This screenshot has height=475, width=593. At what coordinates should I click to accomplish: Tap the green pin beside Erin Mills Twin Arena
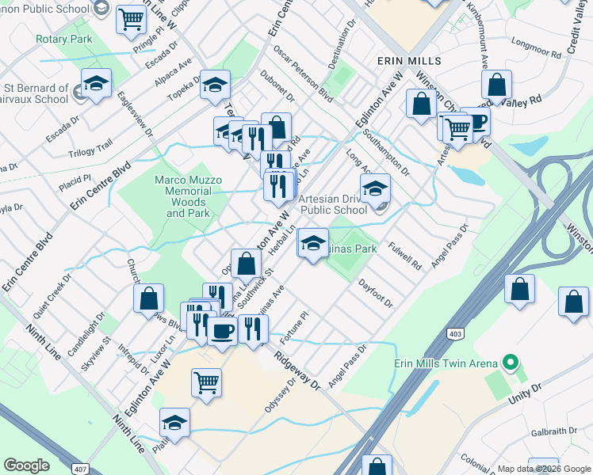tap(511, 364)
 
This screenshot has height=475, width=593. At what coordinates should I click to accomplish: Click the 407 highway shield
tap(79, 469)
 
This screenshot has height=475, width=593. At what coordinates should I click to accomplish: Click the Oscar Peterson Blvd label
tap(303, 73)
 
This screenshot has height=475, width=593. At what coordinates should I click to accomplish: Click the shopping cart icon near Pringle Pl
tap(132, 19)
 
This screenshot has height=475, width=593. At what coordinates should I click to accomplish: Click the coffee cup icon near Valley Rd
tap(476, 121)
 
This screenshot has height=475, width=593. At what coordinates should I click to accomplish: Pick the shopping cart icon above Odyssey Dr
tap(206, 382)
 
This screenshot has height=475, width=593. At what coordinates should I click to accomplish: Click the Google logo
tap(25, 466)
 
